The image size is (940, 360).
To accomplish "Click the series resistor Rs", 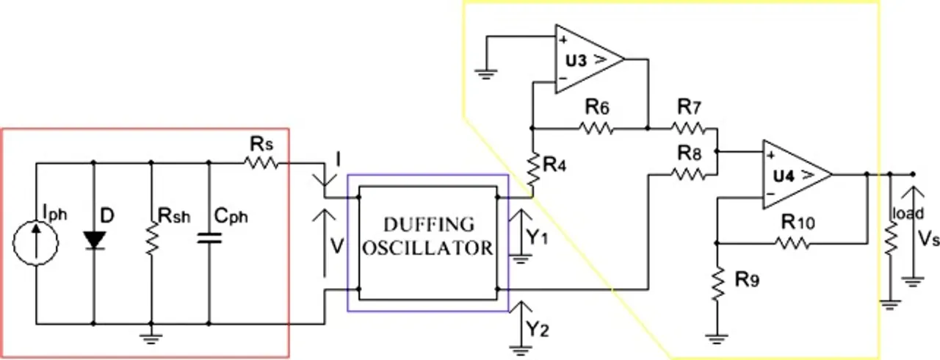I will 263,163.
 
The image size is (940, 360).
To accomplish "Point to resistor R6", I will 596,128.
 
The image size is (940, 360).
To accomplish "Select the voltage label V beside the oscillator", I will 337,246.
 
